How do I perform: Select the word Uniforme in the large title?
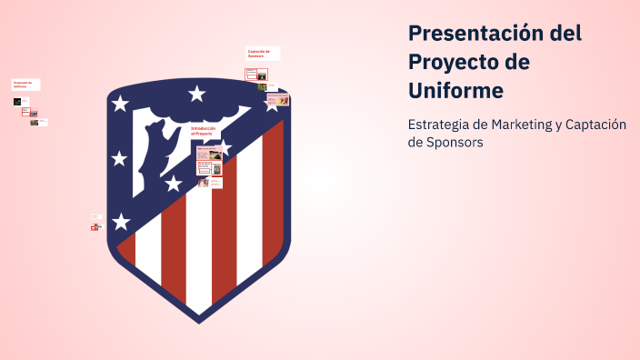(x=455, y=92)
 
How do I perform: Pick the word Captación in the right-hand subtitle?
(x=596, y=125)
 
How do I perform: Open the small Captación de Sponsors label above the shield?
(x=262, y=54)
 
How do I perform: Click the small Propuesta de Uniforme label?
(x=25, y=85)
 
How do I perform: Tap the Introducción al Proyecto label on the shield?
(x=204, y=132)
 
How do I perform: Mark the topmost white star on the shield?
(x=196, y=93)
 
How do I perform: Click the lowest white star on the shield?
(x=121, y=221)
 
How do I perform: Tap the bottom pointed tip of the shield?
(x=199, y=320)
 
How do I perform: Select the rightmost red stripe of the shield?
(x=273, y=191)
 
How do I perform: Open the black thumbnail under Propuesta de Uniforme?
(x=17, y=102)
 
